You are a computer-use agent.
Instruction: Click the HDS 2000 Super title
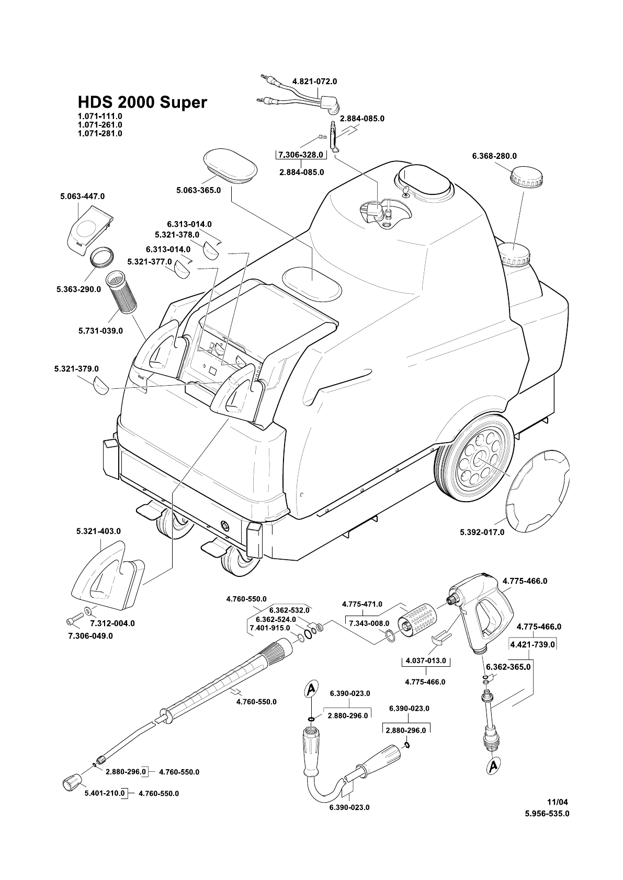click(142, 102)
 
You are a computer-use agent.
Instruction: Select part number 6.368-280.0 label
click(494, 156)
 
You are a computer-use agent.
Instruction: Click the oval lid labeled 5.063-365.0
click(230, 167)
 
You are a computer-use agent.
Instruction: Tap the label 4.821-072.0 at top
click(314, 82)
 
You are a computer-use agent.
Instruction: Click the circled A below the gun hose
click(493, 767)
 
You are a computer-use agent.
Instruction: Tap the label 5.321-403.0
click(98, 531)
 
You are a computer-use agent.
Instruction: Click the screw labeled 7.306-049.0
click(73, 620)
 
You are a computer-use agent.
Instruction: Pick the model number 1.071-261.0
click(99, 125)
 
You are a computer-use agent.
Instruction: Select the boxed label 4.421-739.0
click(532, 644)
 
